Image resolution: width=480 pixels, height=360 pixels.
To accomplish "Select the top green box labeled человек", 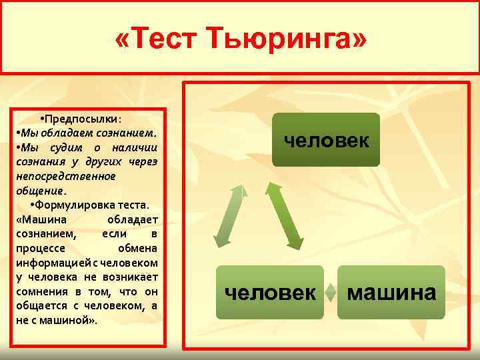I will (325, 140).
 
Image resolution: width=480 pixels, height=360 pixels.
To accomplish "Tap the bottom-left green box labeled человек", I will (269, 292).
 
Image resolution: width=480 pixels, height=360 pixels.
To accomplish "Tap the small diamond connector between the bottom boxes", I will (331, 292).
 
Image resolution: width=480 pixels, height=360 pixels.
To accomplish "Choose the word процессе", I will (38, 248).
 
